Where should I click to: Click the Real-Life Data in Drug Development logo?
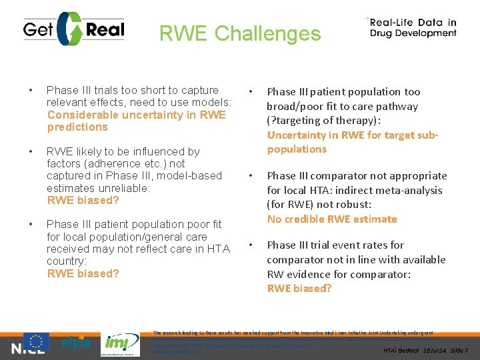pos(413,27)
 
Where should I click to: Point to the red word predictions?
pos(77,127)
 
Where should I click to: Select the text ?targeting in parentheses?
pos(295,121)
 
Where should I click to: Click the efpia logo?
pos(75,344)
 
